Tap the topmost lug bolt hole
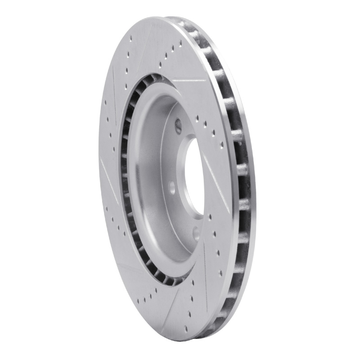tap(178, 125)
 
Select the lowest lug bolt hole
tap(196, 233)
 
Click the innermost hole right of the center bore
tap(197, 118)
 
